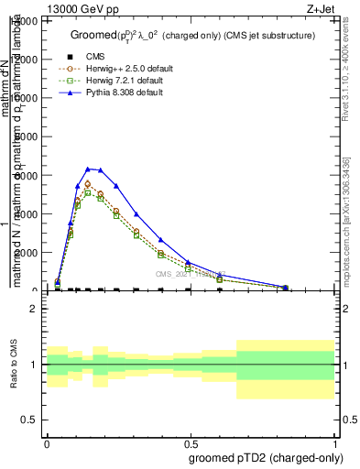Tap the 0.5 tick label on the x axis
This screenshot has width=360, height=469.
(191, 442)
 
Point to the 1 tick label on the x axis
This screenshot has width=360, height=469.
(335, 442)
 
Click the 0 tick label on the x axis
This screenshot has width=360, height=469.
(47, 442)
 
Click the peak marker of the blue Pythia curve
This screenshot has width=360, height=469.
(88, 169)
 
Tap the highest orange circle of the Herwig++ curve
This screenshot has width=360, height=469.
(88, 184)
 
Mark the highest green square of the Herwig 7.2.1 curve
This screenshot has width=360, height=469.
(88, 193)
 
